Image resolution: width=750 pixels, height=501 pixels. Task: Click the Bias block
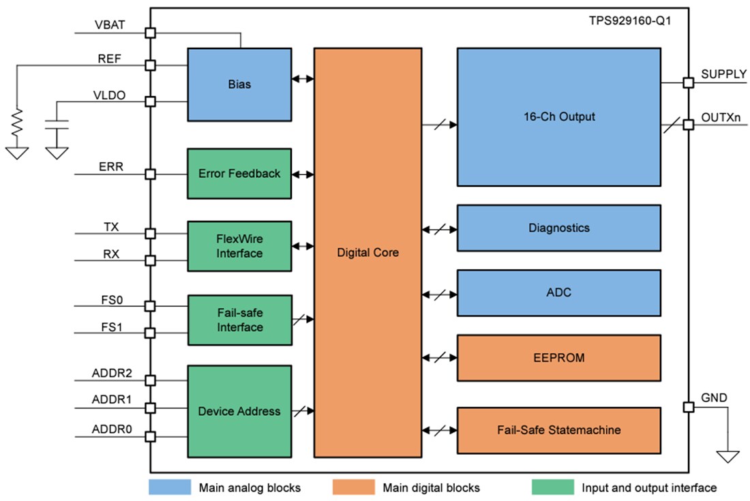[239, 85]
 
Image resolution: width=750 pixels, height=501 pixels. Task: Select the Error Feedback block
[239, 174]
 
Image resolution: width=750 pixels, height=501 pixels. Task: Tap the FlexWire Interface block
[239, 246]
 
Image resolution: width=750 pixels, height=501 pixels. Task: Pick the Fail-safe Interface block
[239, 320]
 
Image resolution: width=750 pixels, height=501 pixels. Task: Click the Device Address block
[239, 411]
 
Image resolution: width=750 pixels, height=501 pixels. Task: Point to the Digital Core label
[367, 252]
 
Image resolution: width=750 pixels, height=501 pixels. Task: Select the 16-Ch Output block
[558, 117]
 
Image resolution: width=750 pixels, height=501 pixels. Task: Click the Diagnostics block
[558, 228]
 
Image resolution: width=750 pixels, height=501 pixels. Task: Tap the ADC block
[558, 292]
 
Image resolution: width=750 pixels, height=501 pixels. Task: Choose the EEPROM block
[558, 357]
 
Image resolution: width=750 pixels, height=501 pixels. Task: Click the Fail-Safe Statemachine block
[558, 430]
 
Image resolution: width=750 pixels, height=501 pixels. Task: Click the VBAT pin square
[150, 33]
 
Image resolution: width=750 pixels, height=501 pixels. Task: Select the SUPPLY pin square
[689, 82]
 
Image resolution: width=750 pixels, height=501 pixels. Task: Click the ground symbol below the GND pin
[729, 457]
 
